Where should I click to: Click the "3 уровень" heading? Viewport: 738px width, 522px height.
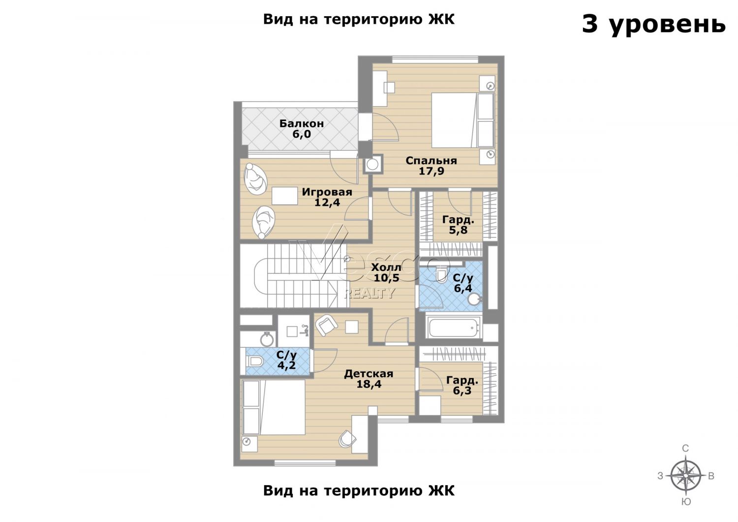(x=654, y=25)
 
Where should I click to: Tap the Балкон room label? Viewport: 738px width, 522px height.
(x=302, y=123)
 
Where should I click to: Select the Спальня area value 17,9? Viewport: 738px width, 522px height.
(x=431, y=171)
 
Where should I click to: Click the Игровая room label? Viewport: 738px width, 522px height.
(x=327, y=192)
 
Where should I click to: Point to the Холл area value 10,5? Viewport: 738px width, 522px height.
(x=386, y=278)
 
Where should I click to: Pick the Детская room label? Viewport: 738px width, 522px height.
(x=369, y=374)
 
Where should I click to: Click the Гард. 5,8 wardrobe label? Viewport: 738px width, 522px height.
(x=458, y=225)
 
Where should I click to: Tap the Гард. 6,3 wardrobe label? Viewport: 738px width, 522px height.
(x=462, y=386)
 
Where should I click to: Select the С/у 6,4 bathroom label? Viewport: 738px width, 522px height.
(x=463, y=283)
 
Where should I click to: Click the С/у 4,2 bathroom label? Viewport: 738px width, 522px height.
(x=287, y=360)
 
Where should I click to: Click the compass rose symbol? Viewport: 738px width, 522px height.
(x=686, y=476)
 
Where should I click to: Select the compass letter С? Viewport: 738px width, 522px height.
(x=685, y=448)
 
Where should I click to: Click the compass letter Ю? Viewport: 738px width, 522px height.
(x=686, y=502)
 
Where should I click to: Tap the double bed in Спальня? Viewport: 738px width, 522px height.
(x=462, y=120)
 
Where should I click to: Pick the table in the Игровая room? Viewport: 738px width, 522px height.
(x=285, y=196)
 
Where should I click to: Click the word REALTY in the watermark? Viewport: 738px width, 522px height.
(x=369, y=293)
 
